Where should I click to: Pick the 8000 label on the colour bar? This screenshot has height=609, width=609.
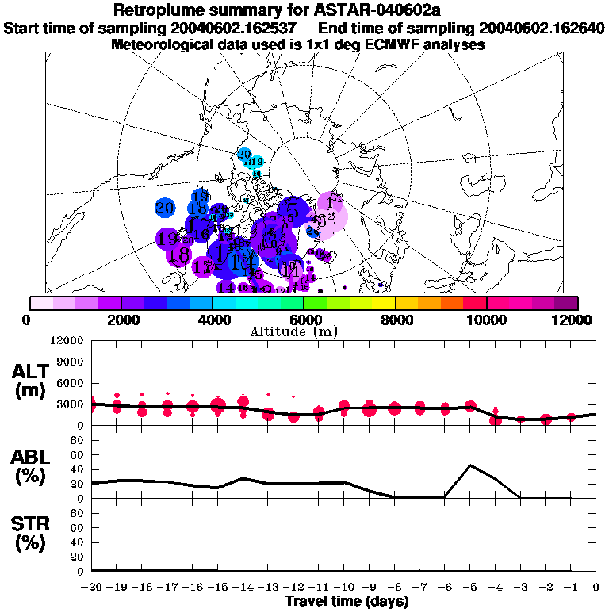pos(395,319)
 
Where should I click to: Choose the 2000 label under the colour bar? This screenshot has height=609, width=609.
pos(121,319)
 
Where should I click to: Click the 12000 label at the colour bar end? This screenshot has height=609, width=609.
pos(573,319)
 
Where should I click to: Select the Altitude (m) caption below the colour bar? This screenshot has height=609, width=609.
pos(303,331)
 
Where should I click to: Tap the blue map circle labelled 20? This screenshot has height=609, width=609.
pos(165,209)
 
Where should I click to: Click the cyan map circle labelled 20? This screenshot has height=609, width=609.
pos(244,155)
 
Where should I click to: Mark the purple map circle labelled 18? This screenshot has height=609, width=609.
pos(179,255)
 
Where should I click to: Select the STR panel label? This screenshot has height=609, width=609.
pos(31,533)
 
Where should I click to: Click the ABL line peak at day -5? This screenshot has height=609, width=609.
pos(470,465)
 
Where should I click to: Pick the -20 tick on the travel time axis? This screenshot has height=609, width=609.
pos(91,587)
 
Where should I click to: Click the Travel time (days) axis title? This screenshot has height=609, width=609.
pos(347,602)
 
